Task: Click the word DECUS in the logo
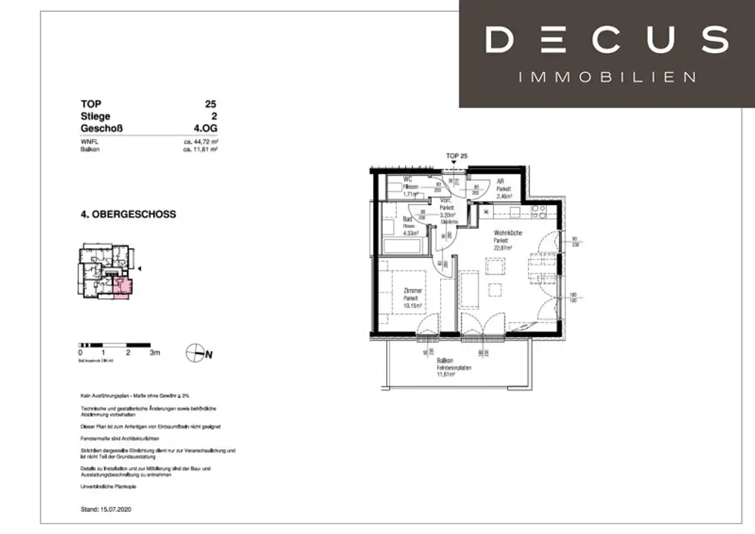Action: (607, 40)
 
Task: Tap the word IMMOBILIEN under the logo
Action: (607, 77)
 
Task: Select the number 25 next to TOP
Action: (211, 105)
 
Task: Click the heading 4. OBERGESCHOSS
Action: (128, 215)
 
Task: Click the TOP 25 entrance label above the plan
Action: (457, 156)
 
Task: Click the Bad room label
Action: (407, 220)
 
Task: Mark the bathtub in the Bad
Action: (403, 246)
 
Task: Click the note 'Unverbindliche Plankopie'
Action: (109, 487)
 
